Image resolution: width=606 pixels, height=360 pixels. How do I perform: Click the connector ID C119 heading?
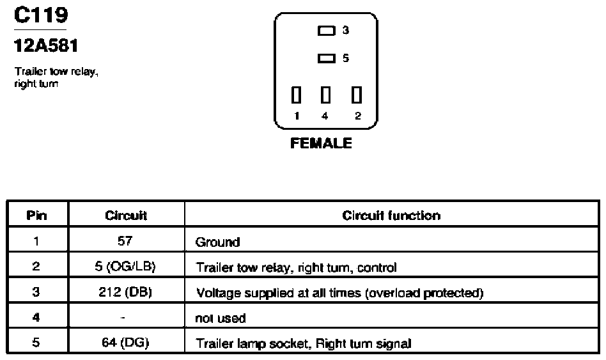tap(41, 15)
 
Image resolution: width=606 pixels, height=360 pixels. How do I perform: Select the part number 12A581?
tap(46, 45)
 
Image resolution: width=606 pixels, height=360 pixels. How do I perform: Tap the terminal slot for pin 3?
tap(326, 31)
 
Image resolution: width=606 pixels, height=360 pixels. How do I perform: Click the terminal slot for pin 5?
tap(326, 58)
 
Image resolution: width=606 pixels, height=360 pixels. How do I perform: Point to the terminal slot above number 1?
tap(296, 95)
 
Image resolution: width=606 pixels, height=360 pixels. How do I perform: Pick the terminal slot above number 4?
tap(326, 95)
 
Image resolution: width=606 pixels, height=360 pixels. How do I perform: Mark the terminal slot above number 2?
tap(356, 95)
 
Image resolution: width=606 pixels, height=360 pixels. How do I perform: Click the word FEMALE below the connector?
tap(321, 143)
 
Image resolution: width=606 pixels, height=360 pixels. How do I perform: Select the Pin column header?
tap(36, 215)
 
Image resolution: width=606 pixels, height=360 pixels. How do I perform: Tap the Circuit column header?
tap(126, 215)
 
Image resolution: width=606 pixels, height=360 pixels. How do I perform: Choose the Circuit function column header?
tap(391, 215)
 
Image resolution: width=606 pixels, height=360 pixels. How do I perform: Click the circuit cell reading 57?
tap(125, 241)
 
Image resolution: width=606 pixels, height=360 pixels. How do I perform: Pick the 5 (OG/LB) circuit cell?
tap(125, 267)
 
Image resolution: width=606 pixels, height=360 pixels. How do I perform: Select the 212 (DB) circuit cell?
tap(125, 292)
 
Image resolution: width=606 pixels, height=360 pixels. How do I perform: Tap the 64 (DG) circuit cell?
tap(125, 343)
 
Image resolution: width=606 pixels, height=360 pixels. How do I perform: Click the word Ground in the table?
tap(217, 242)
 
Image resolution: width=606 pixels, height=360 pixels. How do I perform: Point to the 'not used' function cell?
tap(221, 318)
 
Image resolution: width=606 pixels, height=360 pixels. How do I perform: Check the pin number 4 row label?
tap(36, 317)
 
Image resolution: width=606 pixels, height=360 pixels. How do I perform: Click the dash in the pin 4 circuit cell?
tap(123, 318)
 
